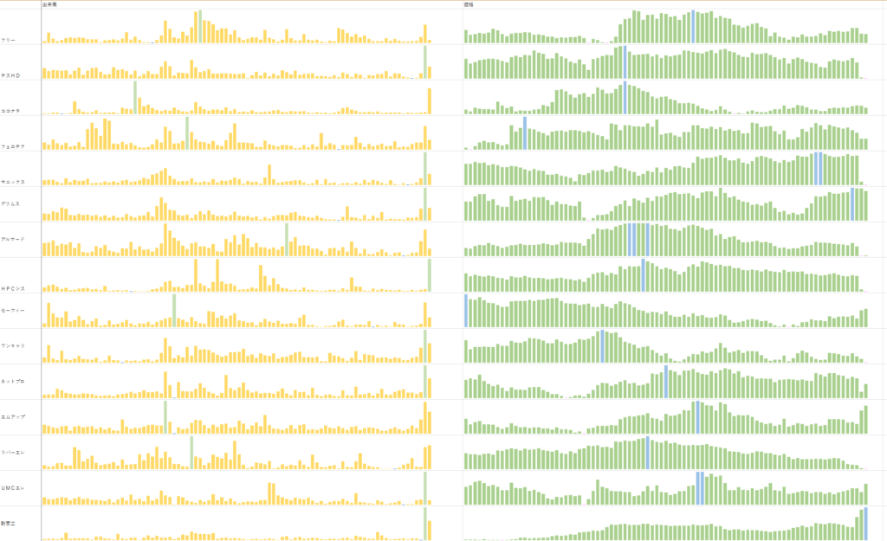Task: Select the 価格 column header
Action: (469, 4)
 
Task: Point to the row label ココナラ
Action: (10, 111)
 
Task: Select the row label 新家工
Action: (9, 524)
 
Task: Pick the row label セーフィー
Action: (12, 310)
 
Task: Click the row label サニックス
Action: (13, 182)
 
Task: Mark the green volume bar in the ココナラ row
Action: (135, 98)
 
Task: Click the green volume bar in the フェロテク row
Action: (187, 132)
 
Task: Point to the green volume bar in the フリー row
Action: (200, 27)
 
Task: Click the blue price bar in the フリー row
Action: (693, 27)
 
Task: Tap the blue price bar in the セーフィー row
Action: (466, 311)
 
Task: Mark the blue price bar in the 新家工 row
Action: (865, 524)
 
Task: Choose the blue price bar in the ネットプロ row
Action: (666, 382)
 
